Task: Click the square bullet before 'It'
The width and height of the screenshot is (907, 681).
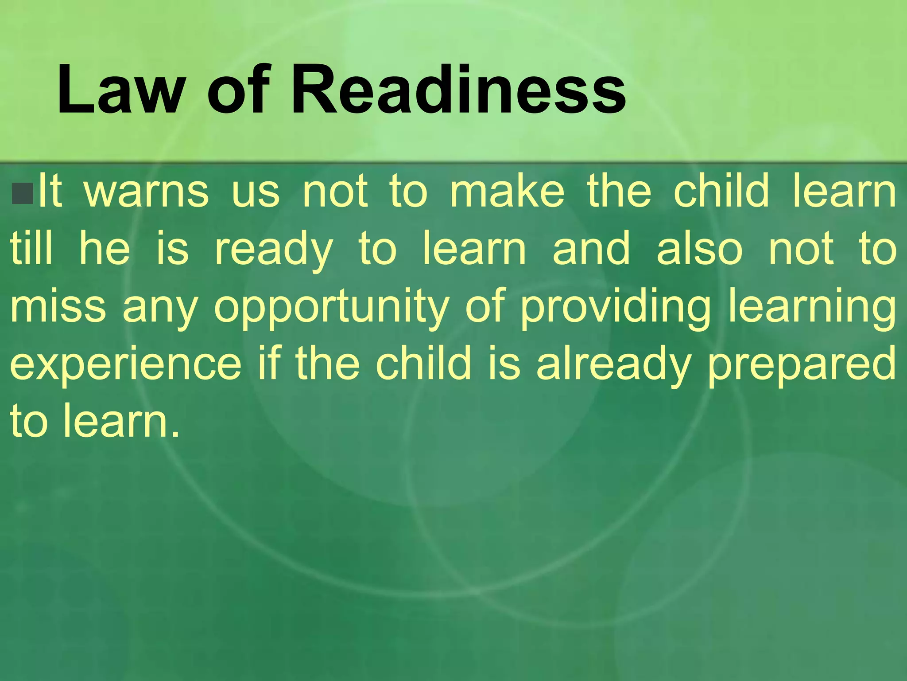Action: tap(23, 193)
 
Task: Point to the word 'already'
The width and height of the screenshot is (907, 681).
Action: tap(614, 366)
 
